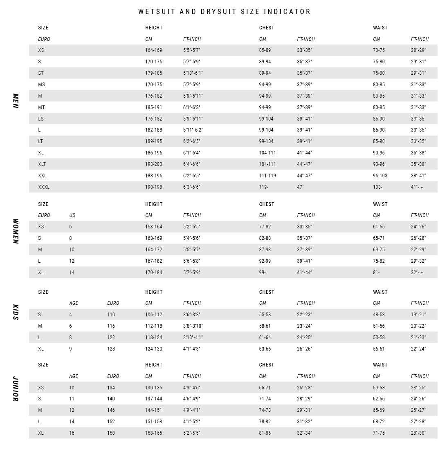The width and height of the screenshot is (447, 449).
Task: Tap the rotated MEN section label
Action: coord(16,101)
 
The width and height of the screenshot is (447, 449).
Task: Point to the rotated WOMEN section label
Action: coord(16,231)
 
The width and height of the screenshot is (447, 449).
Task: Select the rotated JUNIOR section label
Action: coord(16,389)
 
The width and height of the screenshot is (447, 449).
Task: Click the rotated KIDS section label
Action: coord(16,312)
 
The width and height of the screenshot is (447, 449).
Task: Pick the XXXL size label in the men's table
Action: coord(44,187)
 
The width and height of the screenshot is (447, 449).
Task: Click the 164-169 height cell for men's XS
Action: coord(153,50)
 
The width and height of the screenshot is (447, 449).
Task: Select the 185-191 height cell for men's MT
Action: coord(153,107)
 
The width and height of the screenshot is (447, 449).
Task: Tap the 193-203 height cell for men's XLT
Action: coord(153,164)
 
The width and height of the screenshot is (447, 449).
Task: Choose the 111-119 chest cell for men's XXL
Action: coord(267,176)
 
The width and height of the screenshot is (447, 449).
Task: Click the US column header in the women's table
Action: coord(72,215)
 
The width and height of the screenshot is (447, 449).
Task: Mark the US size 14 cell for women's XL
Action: coord(72,273)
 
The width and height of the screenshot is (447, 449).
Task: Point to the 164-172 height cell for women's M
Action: coord(153,250)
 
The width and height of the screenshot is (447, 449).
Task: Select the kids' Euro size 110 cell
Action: coord(111,315)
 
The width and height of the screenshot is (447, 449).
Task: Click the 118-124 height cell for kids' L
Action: coord(153,337)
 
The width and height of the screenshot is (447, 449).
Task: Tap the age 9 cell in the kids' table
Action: coord(70,349)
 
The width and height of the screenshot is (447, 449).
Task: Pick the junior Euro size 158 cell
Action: coord(111,433)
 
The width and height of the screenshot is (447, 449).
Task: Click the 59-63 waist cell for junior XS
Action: coord(379,388)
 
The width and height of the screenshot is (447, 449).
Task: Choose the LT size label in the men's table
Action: coord(40,141)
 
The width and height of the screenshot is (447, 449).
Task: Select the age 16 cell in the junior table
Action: coord(72,433)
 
